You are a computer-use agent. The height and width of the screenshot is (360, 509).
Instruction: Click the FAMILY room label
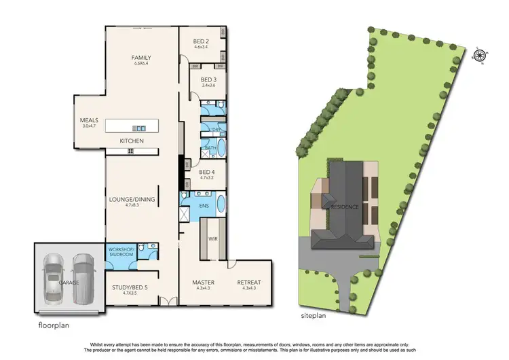point(140,58)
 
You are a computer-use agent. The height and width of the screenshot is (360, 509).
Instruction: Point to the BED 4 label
point(207,173)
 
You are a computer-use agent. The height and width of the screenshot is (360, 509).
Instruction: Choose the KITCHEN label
point(132,141)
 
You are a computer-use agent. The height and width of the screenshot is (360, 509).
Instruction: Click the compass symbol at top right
point(480,55)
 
